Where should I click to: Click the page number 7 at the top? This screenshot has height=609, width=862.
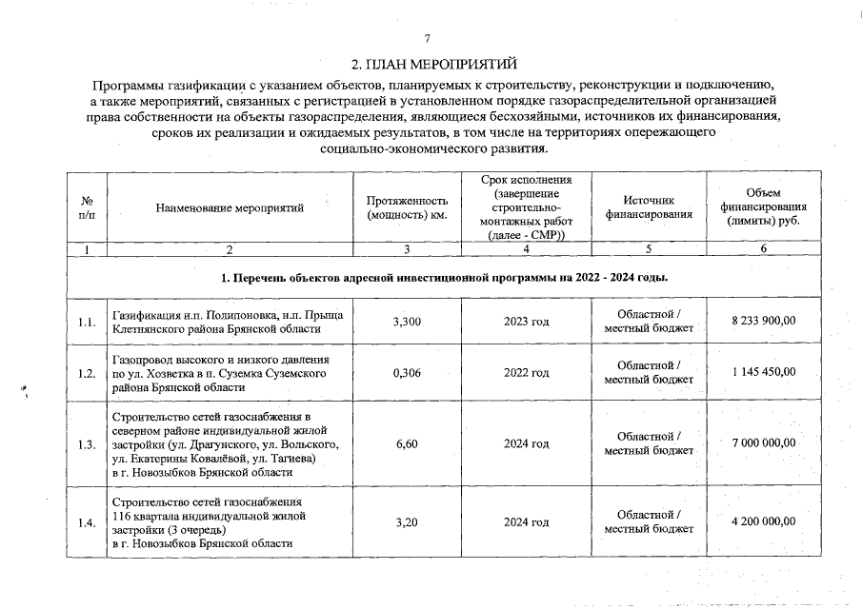click(x=428, y=39)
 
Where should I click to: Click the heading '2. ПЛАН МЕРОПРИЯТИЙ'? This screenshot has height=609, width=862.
click(x=434, y=66)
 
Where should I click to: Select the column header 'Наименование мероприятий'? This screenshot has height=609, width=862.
click(x=230, y=208)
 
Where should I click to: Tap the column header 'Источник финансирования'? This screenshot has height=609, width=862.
click(x=648, y=208)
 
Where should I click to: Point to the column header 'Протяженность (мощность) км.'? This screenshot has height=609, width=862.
click(x=407, y=208)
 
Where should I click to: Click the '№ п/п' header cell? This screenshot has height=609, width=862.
click(x=87, y=208)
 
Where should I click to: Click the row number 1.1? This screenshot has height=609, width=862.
click(x=87, y=323)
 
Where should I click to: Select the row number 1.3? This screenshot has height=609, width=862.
click(x=87, y=444)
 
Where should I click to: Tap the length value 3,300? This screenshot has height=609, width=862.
click(x=407, y=323)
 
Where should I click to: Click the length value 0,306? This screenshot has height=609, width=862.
click(x=407, y=374)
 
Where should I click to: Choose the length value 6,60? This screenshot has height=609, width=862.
click(x=407, y=444)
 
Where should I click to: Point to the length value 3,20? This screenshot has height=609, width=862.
click(x=407, y=522)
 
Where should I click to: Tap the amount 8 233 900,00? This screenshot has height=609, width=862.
click(x=763, y=322)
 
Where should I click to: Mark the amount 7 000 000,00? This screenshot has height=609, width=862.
click(x=763, y=443)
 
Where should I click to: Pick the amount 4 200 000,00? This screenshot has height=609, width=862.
click(x=763, y=521)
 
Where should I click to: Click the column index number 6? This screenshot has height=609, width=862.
click(x=763, y=249)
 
